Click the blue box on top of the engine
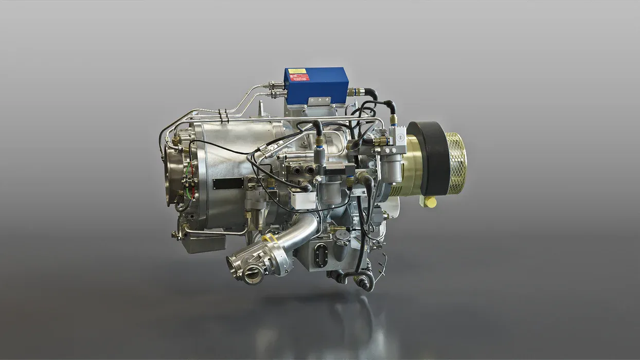click(316, 85)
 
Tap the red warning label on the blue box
click(299, 78)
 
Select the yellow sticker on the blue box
click(297, 71)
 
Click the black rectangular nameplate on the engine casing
click(228, 184)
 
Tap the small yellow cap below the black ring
click(430, 202)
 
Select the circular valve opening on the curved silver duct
click(253, 275)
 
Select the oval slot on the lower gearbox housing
click(322, 256)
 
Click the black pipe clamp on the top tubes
click(223, 116)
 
